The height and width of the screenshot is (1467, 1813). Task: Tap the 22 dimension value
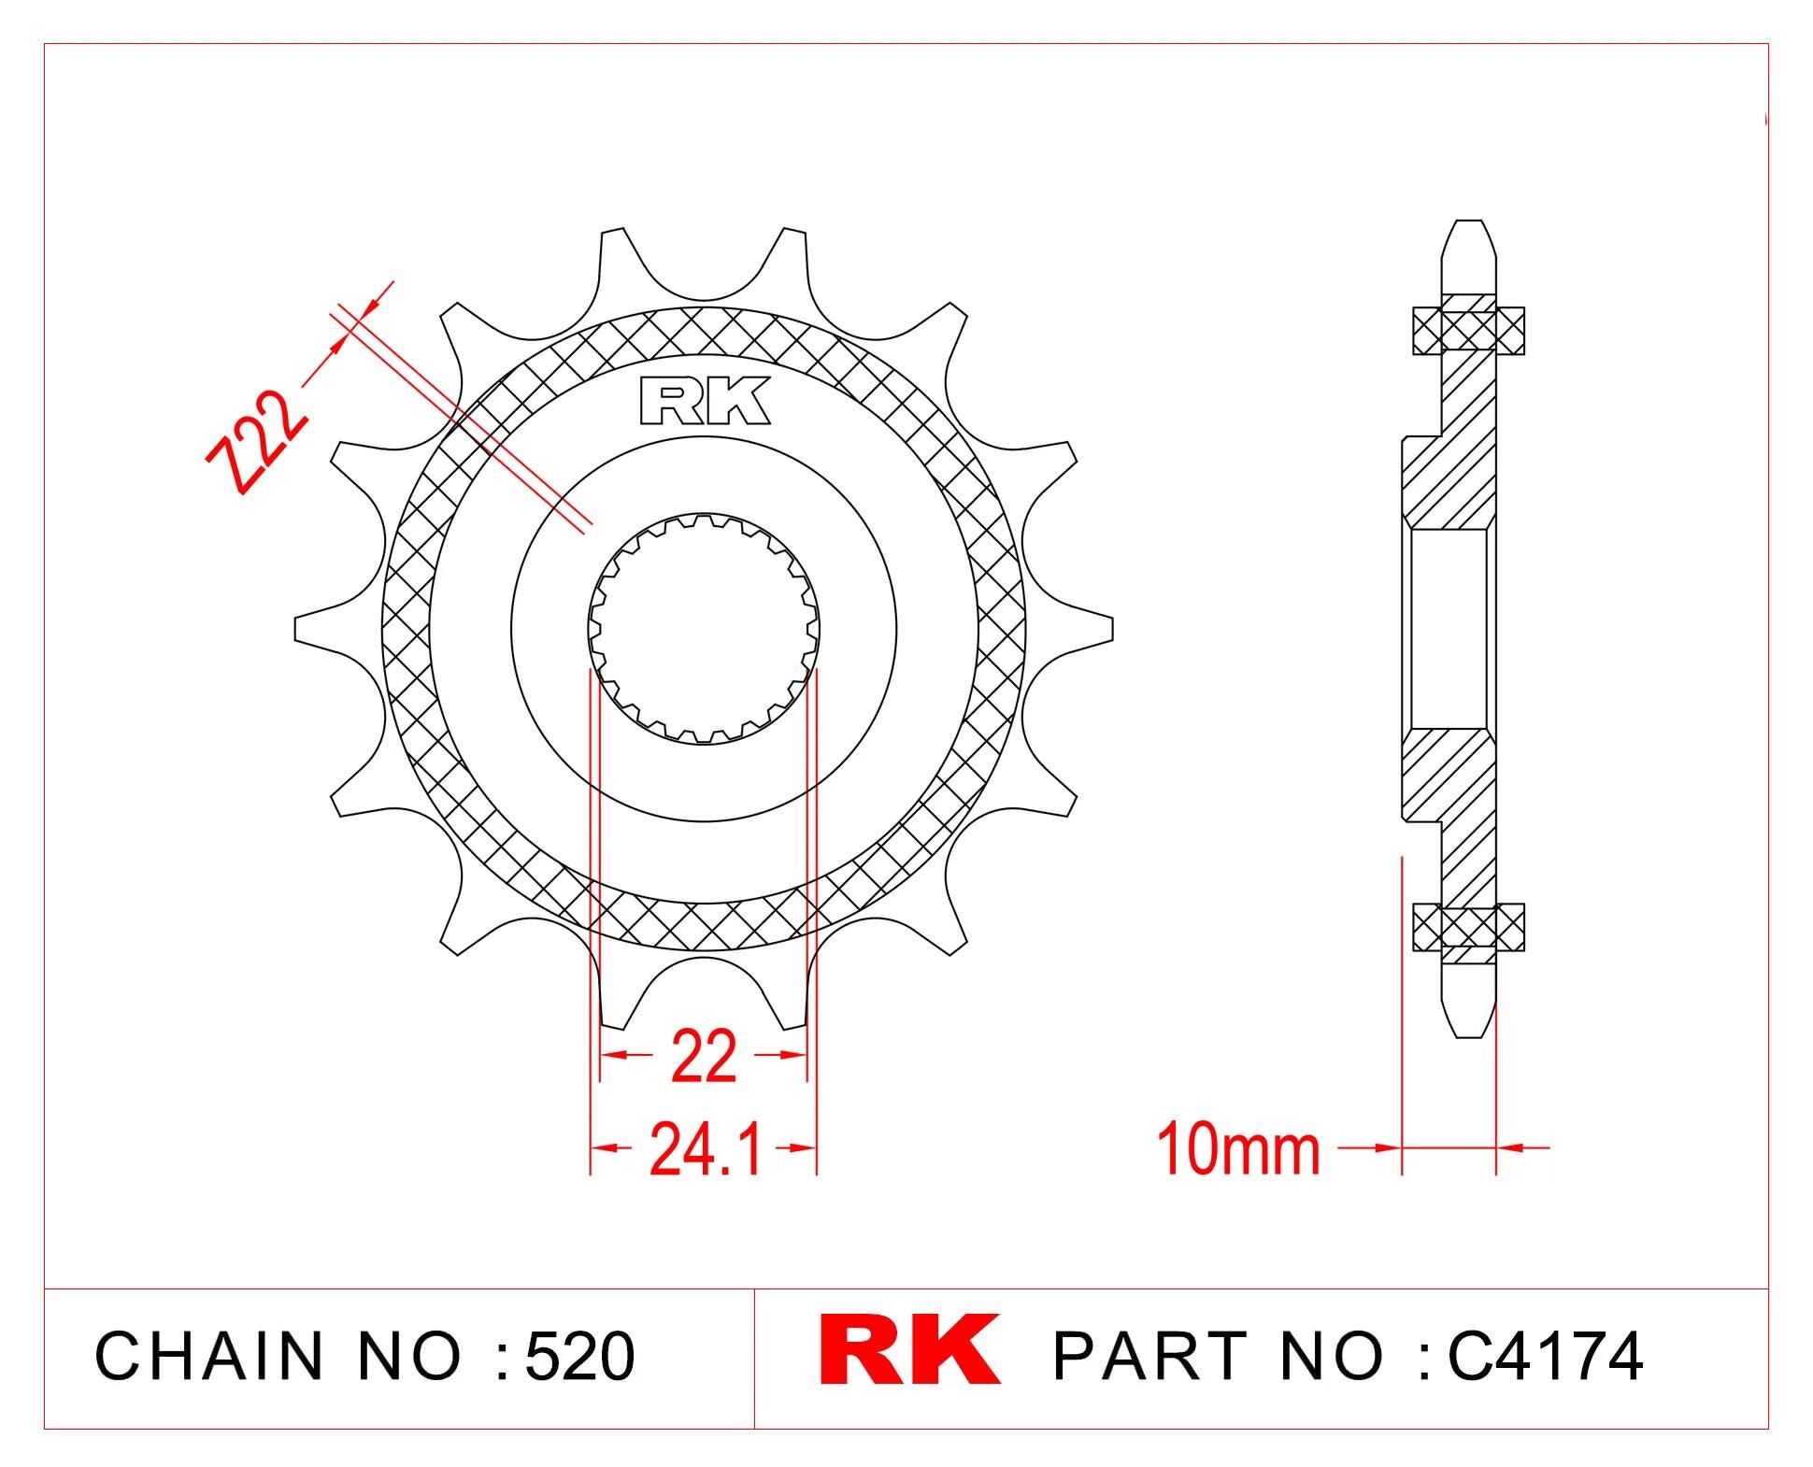[703, 1057]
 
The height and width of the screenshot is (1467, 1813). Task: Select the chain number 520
[579, 1356]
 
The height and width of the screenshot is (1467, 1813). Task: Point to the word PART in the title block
[1149, 1356]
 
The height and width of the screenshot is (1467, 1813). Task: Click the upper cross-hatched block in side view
[1468, 331]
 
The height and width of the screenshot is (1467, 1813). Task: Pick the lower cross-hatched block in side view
[1468, 927]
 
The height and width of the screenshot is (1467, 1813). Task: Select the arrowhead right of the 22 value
[795, 1055]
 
